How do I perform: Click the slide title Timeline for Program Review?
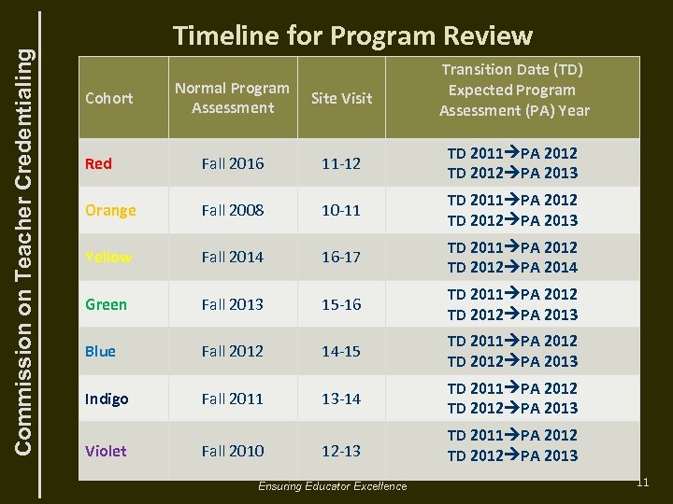coord(352,35)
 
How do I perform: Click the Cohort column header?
coord(108,98)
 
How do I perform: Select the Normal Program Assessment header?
coord(233,98)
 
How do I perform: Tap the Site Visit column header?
coord(341,98)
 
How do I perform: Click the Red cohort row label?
coord(98,163)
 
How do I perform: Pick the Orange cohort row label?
coord(110,210)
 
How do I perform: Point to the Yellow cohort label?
coord(108,257)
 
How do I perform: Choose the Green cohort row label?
coord(106,304)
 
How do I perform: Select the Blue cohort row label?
coord(100,351)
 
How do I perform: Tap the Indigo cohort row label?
coord(107,399)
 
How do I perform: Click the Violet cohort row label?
coord(106,451)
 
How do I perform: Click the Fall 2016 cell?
coord(233,163)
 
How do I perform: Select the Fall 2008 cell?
coord(233,210)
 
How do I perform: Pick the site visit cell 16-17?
coord(341,257)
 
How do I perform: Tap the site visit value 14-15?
coord(341,351)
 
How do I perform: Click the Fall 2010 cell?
coord(233,451)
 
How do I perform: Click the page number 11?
coord(642,482)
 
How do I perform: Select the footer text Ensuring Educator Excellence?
coord(333,486)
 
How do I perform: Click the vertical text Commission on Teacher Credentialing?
coord(28,233)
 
